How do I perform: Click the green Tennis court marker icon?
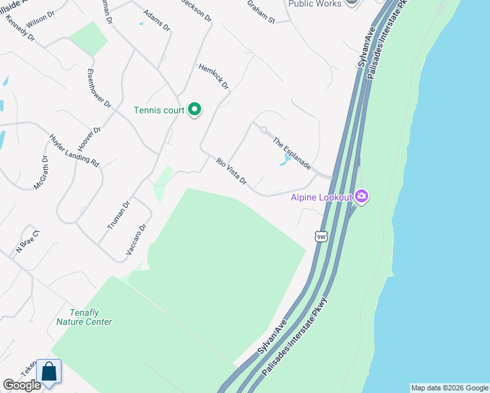click(x=194, y=110)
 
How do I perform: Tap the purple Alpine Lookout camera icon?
click(x=362, y=196)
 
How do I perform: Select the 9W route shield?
click(x=320, y=236)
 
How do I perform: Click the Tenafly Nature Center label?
click(x=84, y=317)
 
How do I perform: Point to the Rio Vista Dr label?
click(x=231, y=170)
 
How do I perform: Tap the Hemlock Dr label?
click(x=214, y=77)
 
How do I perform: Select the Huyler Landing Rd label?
click(x=73, y=151)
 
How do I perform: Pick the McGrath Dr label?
click(x=41, y=173)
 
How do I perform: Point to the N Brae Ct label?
click(x=28, y=241)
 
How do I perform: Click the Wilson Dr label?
click(x=39, y=19)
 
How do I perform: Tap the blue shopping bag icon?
click(x=49, y=372)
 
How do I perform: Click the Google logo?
click(x=22, y=385)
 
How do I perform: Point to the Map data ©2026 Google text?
click(x=449, y=388)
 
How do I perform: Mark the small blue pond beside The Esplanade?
click(x=286, y=160)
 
